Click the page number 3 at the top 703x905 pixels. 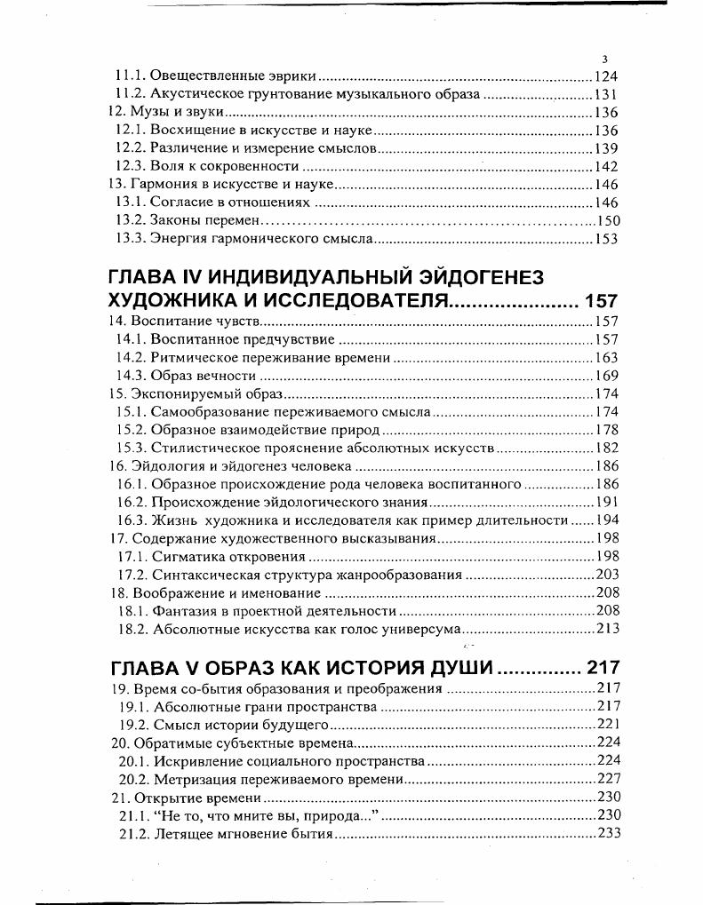coord(604,60)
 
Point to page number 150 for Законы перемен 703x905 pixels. coord(607,221)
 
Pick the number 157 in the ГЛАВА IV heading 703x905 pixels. coord(601,301)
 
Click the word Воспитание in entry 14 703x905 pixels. coord(167,321)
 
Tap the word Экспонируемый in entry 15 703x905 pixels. coord(178,393)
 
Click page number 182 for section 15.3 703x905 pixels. coord(606,448)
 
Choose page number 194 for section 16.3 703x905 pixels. coord(606,520)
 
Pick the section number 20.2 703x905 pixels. coord(132,779)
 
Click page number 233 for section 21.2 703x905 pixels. coord(607,833)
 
